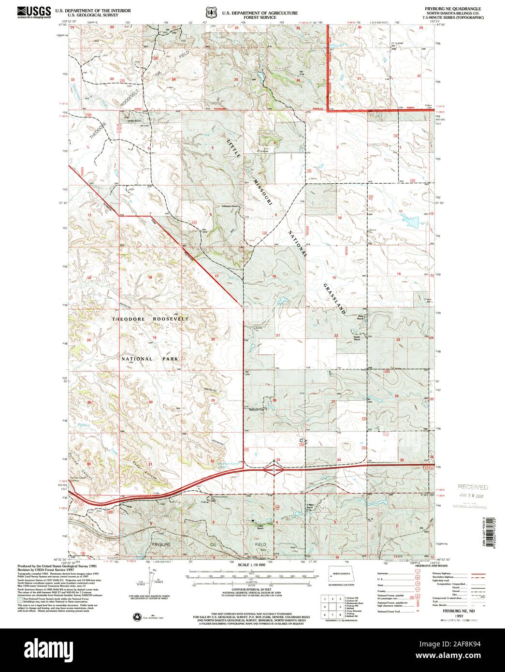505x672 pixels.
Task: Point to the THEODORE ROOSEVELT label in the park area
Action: (x=150, y=320)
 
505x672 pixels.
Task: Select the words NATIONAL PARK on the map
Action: (x=150, y=359)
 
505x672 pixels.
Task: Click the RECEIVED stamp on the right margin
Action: (x=473, y=487)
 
